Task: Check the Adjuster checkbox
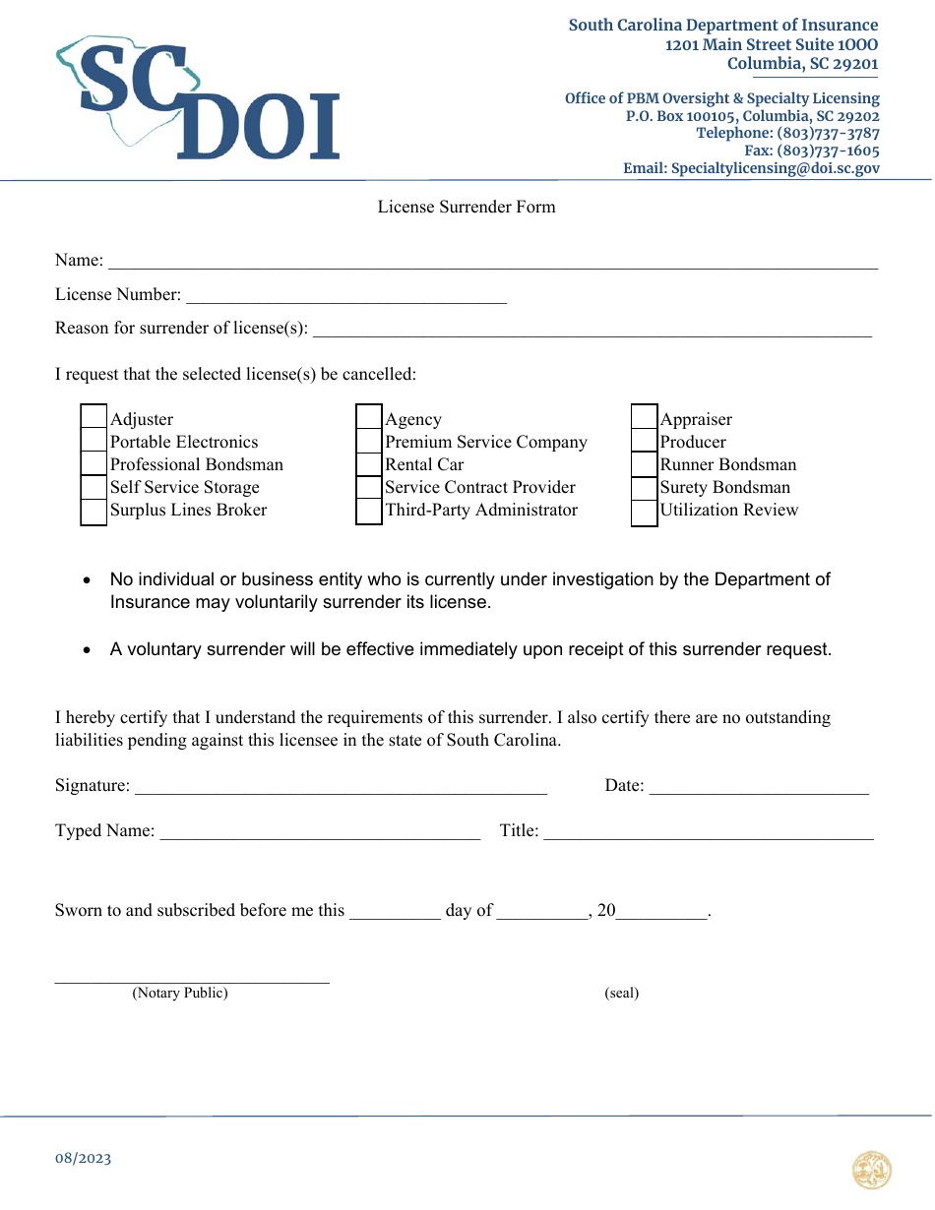click(93, 419)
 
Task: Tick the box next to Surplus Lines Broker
click(93, 511)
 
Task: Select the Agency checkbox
click(369, 419)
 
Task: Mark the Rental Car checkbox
click(369, 464)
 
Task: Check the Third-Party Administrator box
click(369, 511)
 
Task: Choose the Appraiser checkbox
click(644, 419)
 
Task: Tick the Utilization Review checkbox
click(644, 511)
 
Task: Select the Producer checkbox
click(644, 442)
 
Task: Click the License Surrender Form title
click(467, 207)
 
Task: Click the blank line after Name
click(492, 262)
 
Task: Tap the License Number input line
click(345, 296)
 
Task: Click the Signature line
click(341, 786)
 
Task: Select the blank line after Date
click(759, 786)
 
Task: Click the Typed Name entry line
click(320, 832)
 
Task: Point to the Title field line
click(709, 832)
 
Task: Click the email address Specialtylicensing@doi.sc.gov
click(751, 168)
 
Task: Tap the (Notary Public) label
click(180, 993)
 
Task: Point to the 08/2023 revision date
click(84, 1158)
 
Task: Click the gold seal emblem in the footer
click(872, 1171)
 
